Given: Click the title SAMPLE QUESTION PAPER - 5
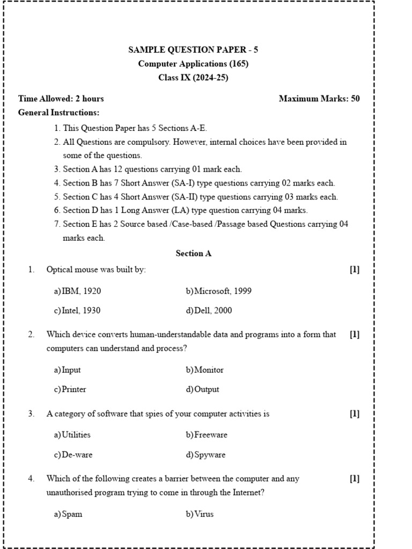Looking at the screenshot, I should pyautogui.click(x=193, y=50).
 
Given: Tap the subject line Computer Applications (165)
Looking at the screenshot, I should pyautogui.click(x=193, y=64).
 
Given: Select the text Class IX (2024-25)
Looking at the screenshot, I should pyautogui.click(x=193, y=78).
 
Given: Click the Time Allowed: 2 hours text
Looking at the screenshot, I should pyautogui.click(x=61, y=99).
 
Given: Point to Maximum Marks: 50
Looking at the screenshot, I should pyautogui.click(x=319, y=99).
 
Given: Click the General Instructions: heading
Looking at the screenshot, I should pyautogui.click(x=58, y=113).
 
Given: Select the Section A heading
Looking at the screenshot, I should pyautogui.click(x=194, y=254).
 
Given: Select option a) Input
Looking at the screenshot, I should pyautogui.click(x=68, y=370).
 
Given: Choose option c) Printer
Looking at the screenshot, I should pyautogui.click(x=70, y=390).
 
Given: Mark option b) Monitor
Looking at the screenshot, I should pyautogui.click(x=205, y=370).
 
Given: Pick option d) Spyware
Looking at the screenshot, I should pyautogui.click(x=206, y=455).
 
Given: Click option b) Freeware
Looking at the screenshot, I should pyautogui.click(x=207, y=435).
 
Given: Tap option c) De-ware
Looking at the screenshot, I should pyautogui.click(x=73, y=455).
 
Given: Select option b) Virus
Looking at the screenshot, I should pyautogui.click(x=200, y=514).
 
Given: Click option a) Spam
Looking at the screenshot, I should pyautogui.click(x=68, y=514).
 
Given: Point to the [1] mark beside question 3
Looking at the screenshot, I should pyautogui.click(x=355, y=414).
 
